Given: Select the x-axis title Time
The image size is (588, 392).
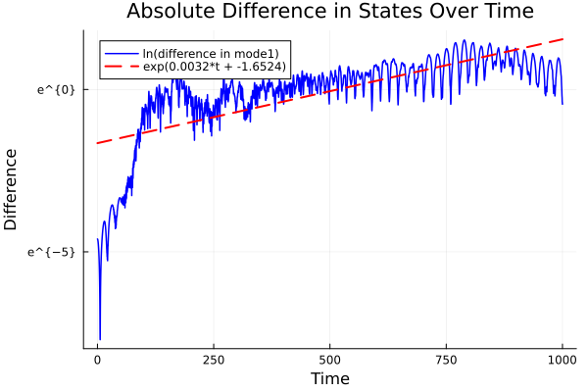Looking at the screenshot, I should click(x=329, y=378).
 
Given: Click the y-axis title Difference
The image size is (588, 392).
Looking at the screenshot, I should click(x=12, y=189).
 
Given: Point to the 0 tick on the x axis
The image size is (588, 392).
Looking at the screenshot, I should click(x=97, y=359).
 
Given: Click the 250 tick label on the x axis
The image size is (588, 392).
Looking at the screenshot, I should click(x=214, y=359).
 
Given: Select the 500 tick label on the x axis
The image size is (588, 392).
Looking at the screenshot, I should click(x=329, y=359).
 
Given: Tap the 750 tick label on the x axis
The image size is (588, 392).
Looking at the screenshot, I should click(x=446, y=359).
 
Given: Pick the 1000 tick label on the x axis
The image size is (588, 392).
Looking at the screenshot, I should click(x=562, y=359).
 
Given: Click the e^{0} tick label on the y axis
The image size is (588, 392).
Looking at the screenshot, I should click(x=56, y=90).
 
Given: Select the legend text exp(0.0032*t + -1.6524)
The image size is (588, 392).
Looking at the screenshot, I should click(x=208, y=66).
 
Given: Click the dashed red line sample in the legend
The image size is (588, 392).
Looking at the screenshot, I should click(x=116, y=66).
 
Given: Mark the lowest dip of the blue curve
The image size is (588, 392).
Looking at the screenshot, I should click(x=100, y=339).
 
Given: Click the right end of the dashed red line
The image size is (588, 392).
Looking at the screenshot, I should click(x=563, y=39).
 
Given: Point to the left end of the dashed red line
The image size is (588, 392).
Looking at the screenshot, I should click(x=97, y=143).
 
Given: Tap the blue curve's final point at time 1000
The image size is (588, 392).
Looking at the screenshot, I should click(x=563, y=104).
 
